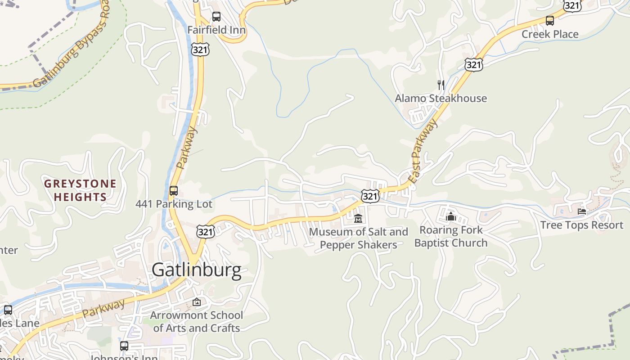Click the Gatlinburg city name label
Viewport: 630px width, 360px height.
(x=197, y=270)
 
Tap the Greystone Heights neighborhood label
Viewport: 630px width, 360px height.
(x=80, y=190)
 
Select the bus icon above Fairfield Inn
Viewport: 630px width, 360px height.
(x=216, y=17)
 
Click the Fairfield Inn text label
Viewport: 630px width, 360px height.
(x=216, y=30)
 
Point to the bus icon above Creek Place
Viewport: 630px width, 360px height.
(x=550, y=21)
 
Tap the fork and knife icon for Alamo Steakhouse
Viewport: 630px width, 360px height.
(x=441, y=85)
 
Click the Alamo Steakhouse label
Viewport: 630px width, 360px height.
(x=441, y=98)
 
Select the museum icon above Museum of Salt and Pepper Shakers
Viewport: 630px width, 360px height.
(x=358, y=219)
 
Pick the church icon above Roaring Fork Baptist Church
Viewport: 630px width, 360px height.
(x=451, y=216)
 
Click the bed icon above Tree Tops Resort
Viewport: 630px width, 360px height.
(x=582, y=211)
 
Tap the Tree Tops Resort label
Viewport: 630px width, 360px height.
(x=582, y=225)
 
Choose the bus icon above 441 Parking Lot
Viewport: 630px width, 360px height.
(x=174, y=191)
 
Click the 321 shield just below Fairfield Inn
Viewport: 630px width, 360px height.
(x=200, y=49)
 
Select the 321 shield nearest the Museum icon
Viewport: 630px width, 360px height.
(x=370, y=196)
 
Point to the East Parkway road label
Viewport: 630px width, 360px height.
(x=424, y=151)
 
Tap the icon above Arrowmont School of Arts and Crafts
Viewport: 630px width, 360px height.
(x=197, y=302)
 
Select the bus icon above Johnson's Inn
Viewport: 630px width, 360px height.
(x=124, y=346)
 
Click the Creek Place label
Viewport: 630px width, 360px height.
(x=550, y=34)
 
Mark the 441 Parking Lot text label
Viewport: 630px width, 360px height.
(x=174, y=204)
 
